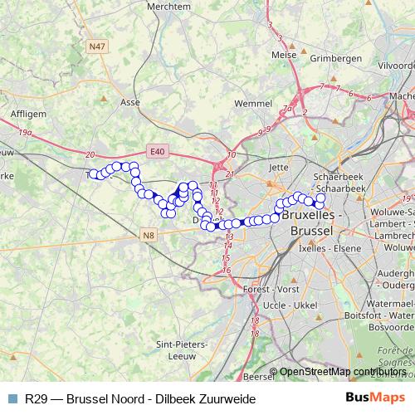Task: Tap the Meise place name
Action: (x=284, y=55)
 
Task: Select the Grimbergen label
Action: (x=335, y=58)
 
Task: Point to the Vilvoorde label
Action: (x=395, y=65)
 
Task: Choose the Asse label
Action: (x=130, y=102)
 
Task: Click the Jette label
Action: (x=279, y=167)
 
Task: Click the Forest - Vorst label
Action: (x=271, y=288)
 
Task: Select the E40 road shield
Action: (x=158, y=150)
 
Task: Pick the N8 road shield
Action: (x=148, y=236)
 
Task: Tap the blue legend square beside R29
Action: (x=12, y=398)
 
